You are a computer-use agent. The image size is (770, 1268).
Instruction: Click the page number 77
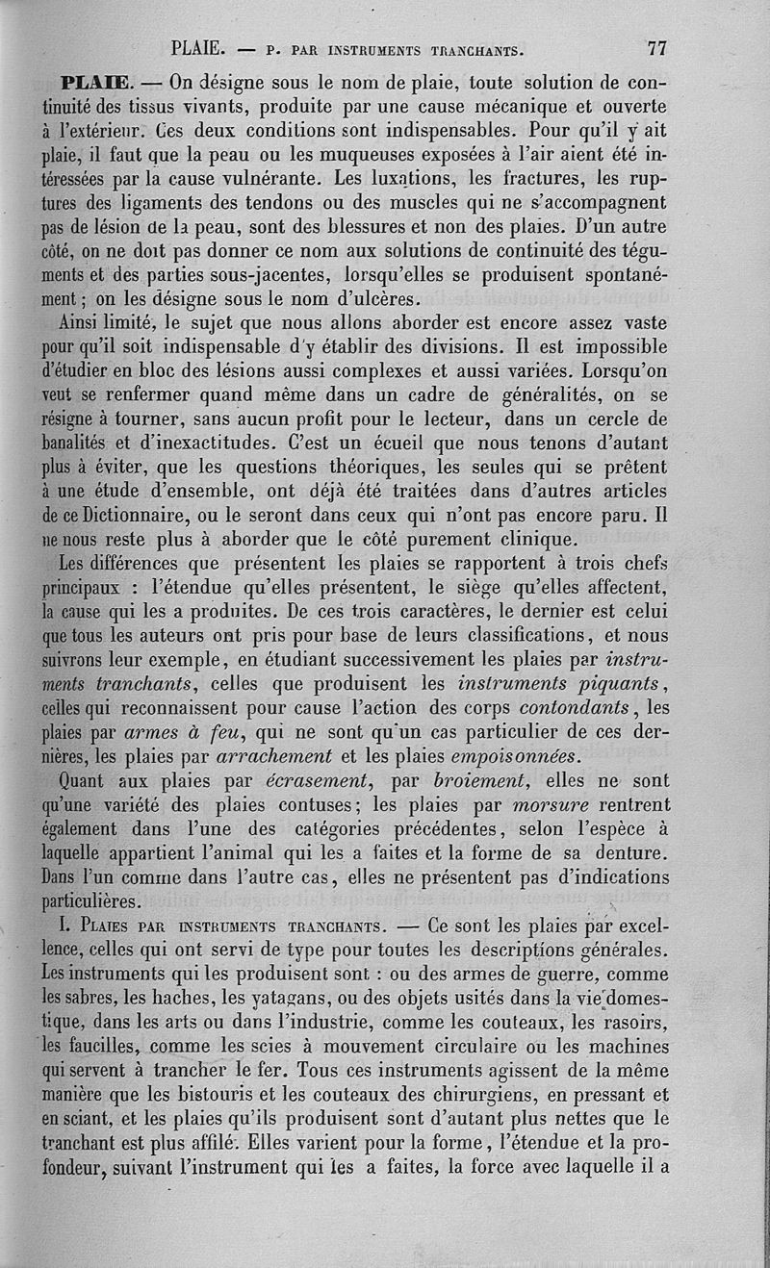(x=657, y=47)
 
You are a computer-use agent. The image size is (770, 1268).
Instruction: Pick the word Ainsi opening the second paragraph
(x=83, y=322)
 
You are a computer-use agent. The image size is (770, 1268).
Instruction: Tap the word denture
(x=630, y=852)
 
